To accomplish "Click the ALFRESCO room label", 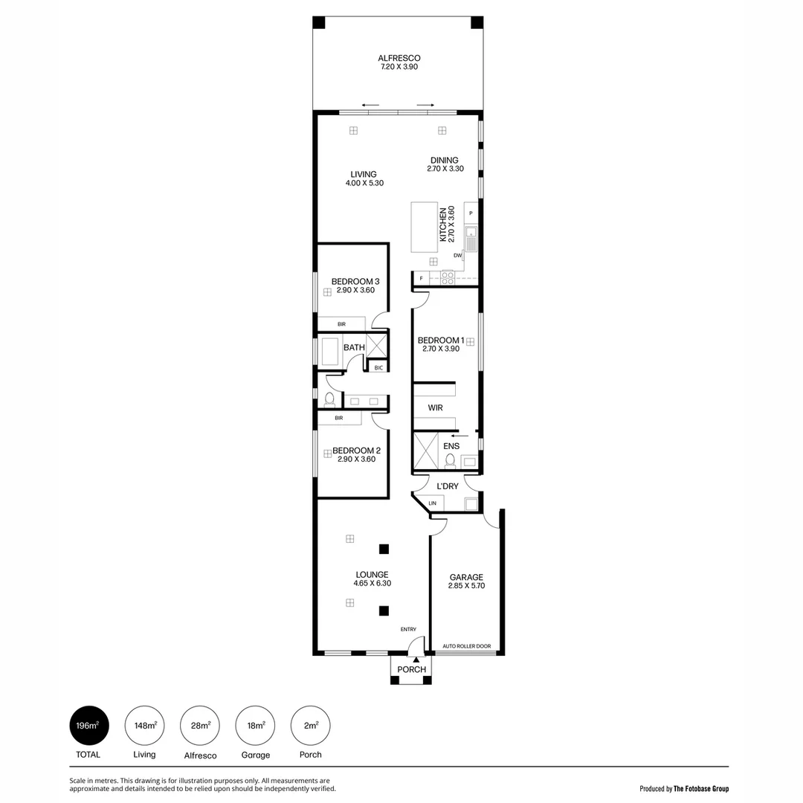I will click(x=399, y=58).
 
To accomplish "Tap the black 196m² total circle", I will click(x=89, y=726).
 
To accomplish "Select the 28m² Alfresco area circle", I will click(x=200, y=726).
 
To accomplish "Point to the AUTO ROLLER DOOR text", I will click(x=467, y=646).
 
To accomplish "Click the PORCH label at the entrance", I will click(x=412, y=669).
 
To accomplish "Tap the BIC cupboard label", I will click(x=378, y=367).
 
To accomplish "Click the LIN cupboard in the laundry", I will click(x=432, y=503).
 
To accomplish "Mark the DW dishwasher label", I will click(x=458, y=256).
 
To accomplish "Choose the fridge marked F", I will click(x=422, y=278).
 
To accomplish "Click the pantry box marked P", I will click(x=471, y=213).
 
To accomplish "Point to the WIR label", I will click(x=435, y=408).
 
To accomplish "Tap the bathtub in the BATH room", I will click(x=330, y=351).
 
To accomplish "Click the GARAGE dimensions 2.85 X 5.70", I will click(x=466, y=586).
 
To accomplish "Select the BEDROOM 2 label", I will click(x=356, y=451).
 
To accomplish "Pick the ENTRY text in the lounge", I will click(x=408, y=629).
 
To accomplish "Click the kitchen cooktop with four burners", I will click(x=448, y=277).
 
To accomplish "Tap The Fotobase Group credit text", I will click(x=701, y=788).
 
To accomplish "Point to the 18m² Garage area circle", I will click(x=255, y=726).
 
